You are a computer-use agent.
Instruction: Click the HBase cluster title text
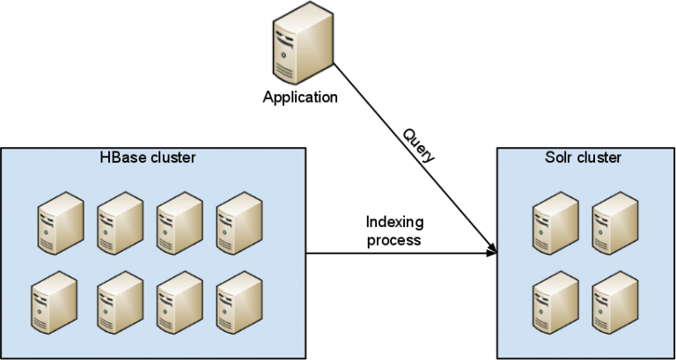pos(149,158)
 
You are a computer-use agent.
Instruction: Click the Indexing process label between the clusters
pos(393,230)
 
